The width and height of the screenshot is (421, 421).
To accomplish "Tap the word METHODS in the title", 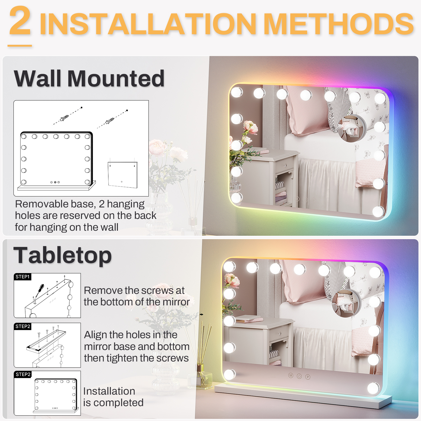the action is [x=339, y=24].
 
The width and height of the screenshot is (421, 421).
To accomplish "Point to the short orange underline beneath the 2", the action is [x=20, y=45].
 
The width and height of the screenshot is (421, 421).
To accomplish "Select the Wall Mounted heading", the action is [x=89, y=79].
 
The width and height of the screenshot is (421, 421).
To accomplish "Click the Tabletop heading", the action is [x=63, y=256].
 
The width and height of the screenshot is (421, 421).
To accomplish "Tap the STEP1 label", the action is [x=22, y=277].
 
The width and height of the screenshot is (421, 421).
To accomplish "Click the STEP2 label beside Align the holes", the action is [x=23, y=326].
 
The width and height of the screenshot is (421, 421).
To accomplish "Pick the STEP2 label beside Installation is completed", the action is [x=23, y=374].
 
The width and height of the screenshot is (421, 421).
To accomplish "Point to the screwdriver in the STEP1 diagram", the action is [x=39, y=291].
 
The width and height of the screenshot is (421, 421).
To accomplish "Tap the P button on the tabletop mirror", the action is [x=308, y=377].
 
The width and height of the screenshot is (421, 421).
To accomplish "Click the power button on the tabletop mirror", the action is [x=299, y=376].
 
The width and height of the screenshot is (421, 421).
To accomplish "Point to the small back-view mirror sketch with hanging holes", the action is [x=123, y=174].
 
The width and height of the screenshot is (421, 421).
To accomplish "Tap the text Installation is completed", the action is [x=113, y=397].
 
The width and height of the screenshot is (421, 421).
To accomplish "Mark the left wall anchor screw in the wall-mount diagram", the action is [x=64, y=117].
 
